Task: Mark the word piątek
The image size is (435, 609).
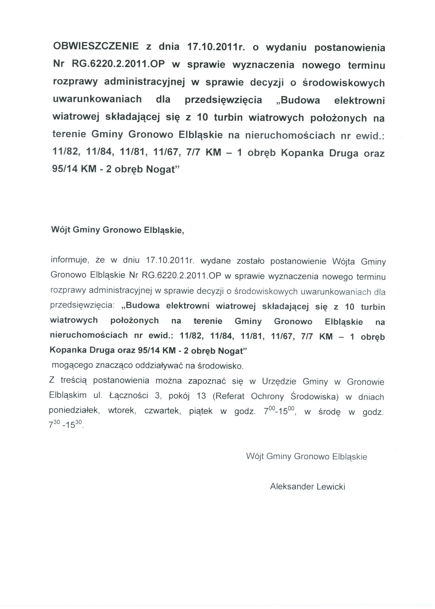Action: (201, 411)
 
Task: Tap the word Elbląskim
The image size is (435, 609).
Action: (68, 396)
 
